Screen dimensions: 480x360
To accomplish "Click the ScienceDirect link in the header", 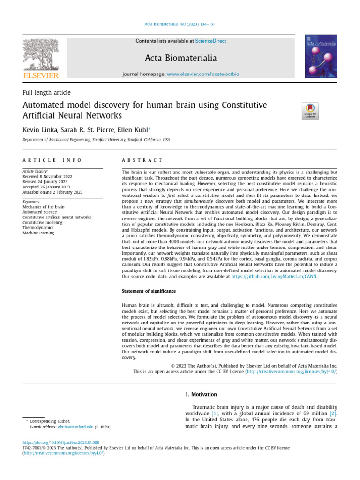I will (210, 41).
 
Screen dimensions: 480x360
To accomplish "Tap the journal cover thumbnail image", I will (322, 56).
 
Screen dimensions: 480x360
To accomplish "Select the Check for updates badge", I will (310, 111).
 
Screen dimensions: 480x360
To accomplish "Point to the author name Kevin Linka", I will (38, 129).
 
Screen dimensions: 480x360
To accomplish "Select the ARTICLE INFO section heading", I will (52, 160).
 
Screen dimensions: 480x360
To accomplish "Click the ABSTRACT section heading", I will (142, 160).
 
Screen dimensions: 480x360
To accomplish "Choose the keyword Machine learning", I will (38, 233).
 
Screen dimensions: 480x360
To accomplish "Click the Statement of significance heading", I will (149, 292).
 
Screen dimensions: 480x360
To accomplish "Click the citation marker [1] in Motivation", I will (215, 413).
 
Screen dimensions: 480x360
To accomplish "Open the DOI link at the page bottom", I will (61, 442).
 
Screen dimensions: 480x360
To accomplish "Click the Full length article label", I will (46, 93).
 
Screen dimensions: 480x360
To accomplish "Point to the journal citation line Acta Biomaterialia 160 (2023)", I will (180, 24).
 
